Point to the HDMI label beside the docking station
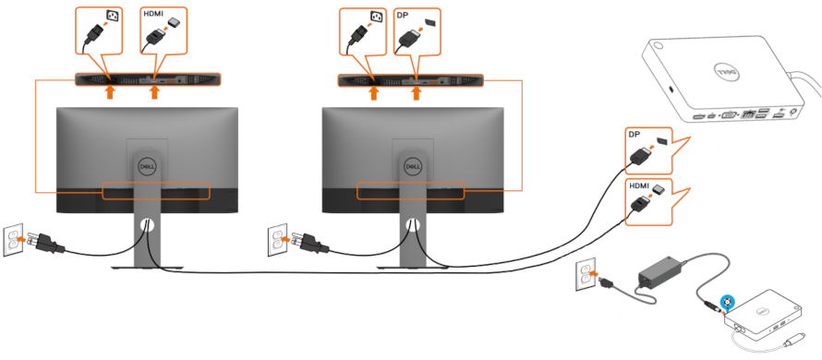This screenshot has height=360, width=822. click(638, 185)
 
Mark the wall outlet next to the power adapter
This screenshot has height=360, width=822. click(583, 274)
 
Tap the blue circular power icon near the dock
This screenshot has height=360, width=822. click(729, 301)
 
